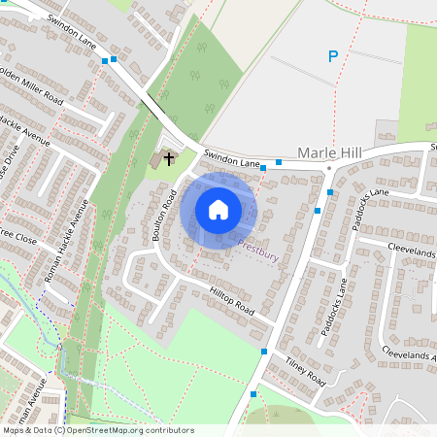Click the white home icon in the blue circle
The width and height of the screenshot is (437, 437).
point(218,208)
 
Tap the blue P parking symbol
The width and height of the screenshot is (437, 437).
point(332,57)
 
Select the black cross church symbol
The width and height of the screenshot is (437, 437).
point(169,157)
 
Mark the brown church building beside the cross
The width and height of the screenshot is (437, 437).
point(157,159)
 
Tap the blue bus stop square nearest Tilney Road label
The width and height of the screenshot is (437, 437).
point(263,352)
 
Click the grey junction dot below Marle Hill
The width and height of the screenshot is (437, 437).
point(329,168)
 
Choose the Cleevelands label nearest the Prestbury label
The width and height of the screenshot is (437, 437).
point(412,250)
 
